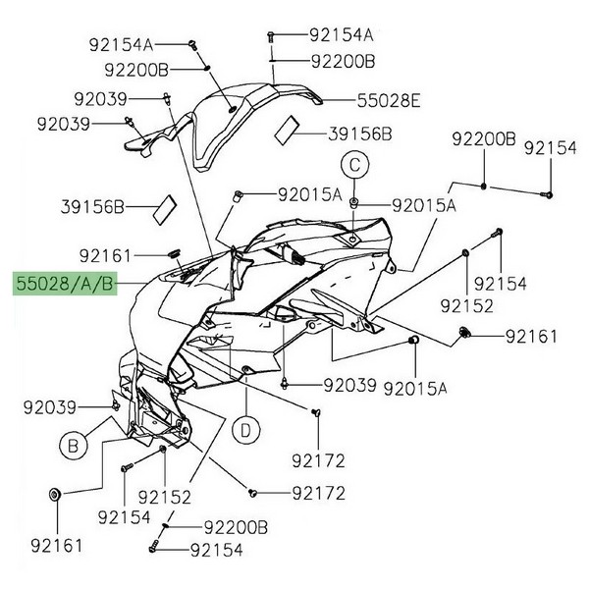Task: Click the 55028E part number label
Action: (360, 100)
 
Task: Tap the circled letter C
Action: (353, 163)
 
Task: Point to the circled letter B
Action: (73, 447)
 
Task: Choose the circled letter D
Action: (245, 429)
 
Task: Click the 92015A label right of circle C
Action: (424, 206)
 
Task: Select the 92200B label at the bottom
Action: (236, 528)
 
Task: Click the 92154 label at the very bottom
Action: (219, 552)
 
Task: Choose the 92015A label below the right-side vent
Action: (414, 388)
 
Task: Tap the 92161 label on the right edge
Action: (531, 336)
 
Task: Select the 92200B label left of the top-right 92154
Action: (483, 139)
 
